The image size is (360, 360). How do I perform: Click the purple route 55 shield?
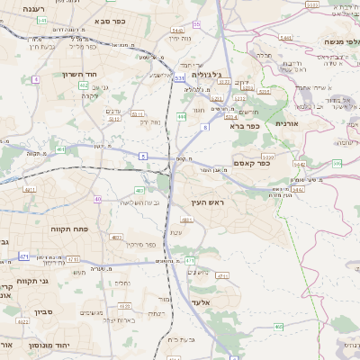click(197, 25)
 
